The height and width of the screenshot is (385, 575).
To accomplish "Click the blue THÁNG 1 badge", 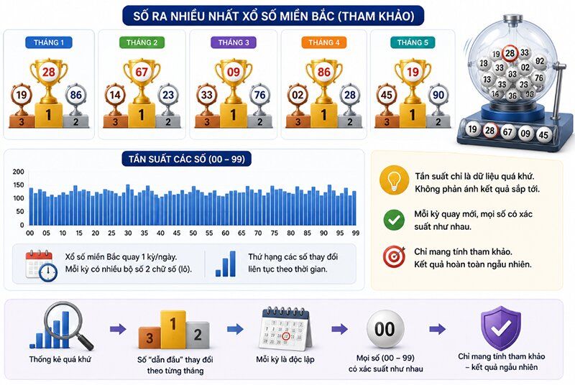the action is point(49,42).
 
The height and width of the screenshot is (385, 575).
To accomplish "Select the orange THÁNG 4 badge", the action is point(324,42).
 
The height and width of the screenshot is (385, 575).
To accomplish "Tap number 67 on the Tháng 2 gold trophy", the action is point(142,72).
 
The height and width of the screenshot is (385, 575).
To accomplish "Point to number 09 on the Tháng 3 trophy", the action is point(233,72).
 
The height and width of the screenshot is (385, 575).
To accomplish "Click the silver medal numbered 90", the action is point(438,96).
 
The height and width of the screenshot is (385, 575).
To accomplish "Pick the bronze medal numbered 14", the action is point(115,96).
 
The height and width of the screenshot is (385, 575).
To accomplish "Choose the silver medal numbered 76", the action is point(259,96).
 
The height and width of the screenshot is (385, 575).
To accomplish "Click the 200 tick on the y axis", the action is point(19,172).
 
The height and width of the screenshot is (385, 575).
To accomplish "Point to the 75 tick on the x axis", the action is point(275,233).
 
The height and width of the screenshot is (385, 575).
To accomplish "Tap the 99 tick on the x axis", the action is point(355,233).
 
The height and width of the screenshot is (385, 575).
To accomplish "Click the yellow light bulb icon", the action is point(394,180).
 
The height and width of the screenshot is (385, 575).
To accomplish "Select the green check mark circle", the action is point(394,220).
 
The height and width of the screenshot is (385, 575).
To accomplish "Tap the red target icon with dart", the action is point(394,256).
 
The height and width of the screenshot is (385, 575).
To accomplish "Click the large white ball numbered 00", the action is point(385,329).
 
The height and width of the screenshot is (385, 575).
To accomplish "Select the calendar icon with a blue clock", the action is point(41,266).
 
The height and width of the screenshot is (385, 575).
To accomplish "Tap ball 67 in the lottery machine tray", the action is point(507,132).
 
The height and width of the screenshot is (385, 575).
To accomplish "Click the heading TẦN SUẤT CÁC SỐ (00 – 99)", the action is point(187,159).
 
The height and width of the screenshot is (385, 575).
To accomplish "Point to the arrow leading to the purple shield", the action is point(437,329).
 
